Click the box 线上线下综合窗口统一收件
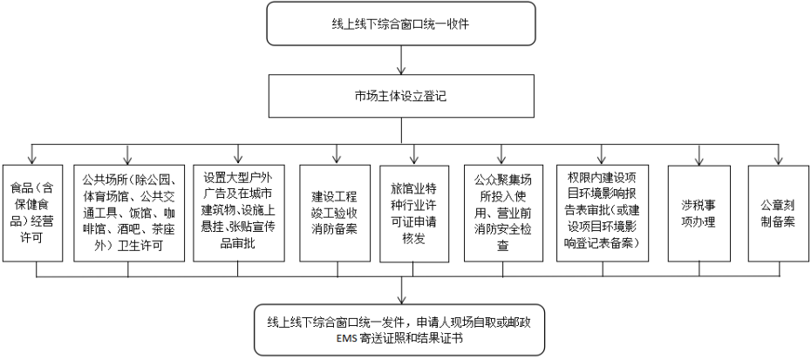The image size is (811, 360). [x=401, y=24]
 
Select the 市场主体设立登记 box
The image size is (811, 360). [x=401, y=96]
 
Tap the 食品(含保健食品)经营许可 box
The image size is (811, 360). [x=32, y=213]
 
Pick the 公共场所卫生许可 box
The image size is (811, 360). [x=128, y=213]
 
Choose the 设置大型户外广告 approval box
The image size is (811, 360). [x=238, y=213]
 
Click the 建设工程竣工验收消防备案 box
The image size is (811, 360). [x=335, y=213]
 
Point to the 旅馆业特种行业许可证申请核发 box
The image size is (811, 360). [x=413, y=214]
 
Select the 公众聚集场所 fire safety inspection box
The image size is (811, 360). [x=503, y=213]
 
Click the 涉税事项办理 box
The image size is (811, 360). [x=699, y=213]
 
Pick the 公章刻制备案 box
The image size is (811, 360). [x=779, y=213]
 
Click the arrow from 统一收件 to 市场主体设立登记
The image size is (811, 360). [x=401, y=60]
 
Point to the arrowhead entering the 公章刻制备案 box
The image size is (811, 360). [x=778, y=161]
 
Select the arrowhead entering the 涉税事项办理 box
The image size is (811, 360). [x=699, y=161]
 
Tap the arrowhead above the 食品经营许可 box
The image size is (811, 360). [x=32, y=160]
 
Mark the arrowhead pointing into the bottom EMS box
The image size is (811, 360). [x=401, y=300]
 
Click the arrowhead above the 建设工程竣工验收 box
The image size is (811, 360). [x=337, y=160]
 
